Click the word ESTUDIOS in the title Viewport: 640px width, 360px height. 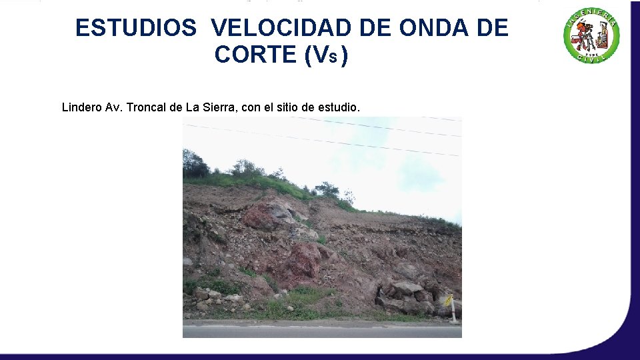[x=136, y=28]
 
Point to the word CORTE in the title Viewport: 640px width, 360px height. [x=255, y=55]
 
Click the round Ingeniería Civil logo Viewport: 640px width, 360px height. [x=591, y=37]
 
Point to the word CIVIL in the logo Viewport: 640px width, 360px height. [x=591, y=59]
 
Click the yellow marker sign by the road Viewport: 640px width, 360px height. [x=449, y=301]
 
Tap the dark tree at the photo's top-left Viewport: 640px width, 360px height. [x=194, y=164]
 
